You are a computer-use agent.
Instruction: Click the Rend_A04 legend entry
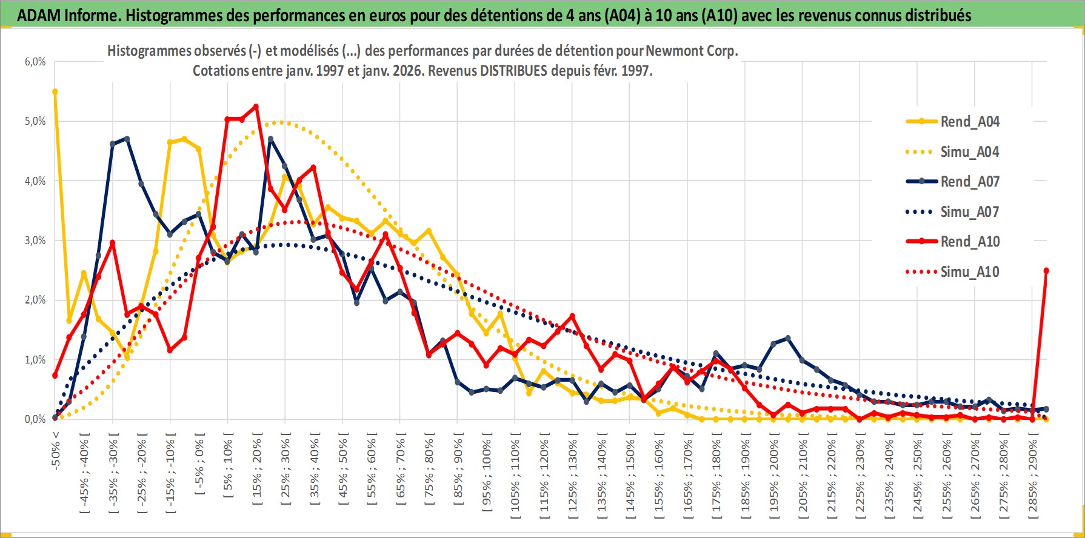click(969, 122)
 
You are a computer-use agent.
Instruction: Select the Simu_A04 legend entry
click(969, 152)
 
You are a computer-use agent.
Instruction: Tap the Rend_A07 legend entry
click(969, 182)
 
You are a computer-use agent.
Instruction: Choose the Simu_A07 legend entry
click(969, 212)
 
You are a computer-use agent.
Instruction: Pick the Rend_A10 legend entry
click(969, 242)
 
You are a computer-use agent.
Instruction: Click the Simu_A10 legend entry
click(969, 272)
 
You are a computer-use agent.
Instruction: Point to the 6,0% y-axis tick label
click(35, 62)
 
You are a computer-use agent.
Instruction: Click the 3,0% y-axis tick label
click(35, 241)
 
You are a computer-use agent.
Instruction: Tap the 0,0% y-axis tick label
click(35, 419)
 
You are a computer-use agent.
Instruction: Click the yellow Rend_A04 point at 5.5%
click(55, 92)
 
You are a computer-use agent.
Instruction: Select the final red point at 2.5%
click(1046, 271)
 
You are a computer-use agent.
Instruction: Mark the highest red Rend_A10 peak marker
click(256, 107)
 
